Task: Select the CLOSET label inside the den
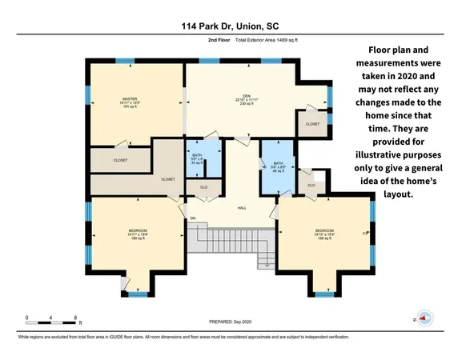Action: coord(312,125)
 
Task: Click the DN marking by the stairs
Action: coord(192,218)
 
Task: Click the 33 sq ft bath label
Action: coord(197,159)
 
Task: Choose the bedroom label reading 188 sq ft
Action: coord(324,234)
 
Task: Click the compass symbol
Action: coord(424,316)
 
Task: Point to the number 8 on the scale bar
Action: coord(74,318)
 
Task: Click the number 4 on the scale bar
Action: coord(51,318)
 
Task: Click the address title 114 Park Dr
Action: coord(232,25)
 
